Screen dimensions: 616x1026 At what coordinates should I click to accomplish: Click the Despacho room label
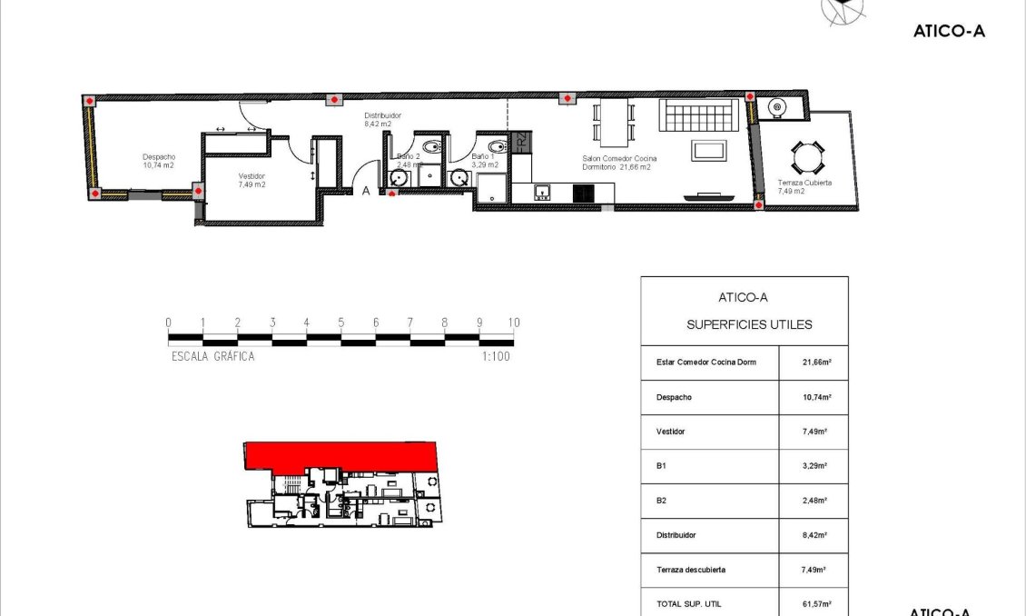[159, 161]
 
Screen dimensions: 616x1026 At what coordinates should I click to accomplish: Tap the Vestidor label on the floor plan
[252, 179]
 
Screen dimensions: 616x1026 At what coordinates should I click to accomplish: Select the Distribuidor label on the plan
[382, 120]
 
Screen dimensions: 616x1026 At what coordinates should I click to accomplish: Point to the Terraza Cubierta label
[804, 187]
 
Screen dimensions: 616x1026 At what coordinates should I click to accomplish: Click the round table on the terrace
[805, 158]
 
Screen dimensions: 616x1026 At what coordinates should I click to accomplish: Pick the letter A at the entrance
[366, 191]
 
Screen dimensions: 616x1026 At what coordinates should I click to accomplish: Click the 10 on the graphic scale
[514, 323]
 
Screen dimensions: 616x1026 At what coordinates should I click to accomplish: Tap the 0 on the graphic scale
[169, 323]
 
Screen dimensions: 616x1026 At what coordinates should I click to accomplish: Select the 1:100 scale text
[496, 357]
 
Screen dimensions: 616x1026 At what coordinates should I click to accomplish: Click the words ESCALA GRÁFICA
[213, 357]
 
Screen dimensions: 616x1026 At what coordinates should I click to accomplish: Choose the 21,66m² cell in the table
[814, 363]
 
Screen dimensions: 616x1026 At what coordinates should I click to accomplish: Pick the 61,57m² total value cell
[814, 604]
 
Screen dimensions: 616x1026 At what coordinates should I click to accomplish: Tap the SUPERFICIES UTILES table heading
[749, 324]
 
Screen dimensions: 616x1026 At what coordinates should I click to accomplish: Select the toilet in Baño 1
[497, 147]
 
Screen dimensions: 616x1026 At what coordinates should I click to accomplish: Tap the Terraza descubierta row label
[690, 570]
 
